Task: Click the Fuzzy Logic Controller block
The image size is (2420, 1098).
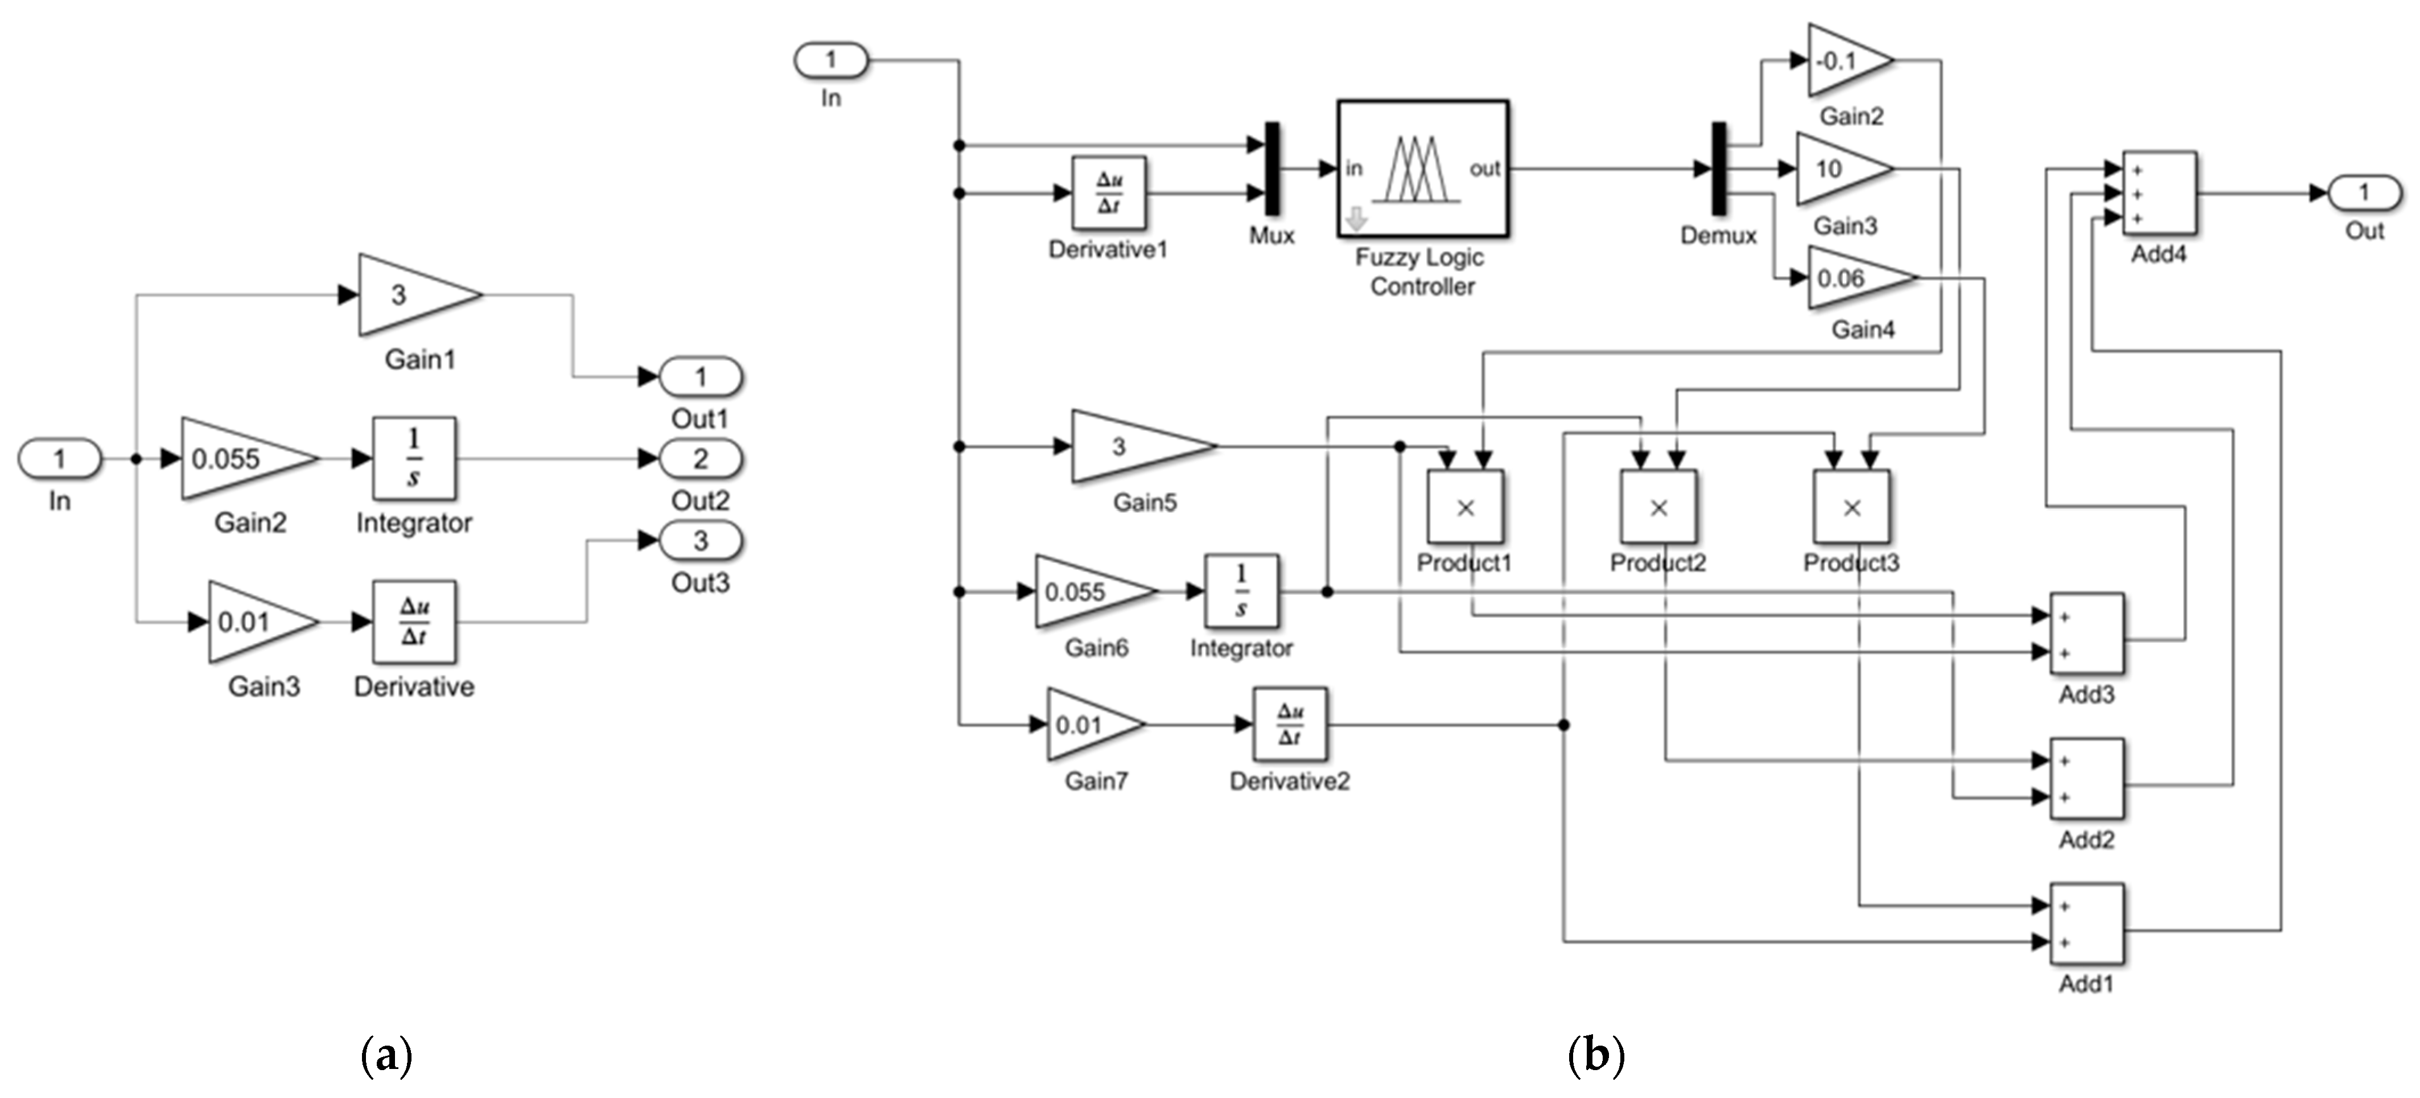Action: (x=1422, y=169)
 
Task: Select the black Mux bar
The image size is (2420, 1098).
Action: (x=1272, y=169)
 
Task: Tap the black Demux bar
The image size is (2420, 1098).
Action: (x=1718, y=169)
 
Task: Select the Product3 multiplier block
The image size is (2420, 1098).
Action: (x=1851, y=507)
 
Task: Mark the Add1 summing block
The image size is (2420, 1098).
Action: (x=2086, y=923)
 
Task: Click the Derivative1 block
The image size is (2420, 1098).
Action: (x=1109, y=192)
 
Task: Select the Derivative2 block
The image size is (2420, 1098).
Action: (x=1290, y=724)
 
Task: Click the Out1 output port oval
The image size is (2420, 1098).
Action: (x=701, y=377)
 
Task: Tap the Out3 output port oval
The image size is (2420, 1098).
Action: (x=701, y=541)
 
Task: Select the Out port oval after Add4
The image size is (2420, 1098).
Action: (x=2365, y=194)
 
